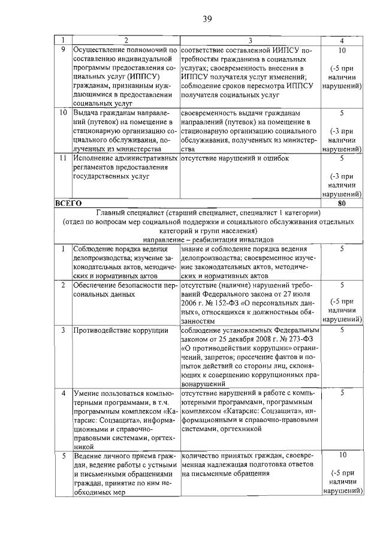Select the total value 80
[341, 204]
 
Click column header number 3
[249, 40]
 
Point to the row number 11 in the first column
[63, 158]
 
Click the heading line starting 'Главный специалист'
[207, 213]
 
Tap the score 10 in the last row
[341, 456]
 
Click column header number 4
[341, 40]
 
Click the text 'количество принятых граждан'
[229, 456]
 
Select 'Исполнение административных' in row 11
[126, 158]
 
